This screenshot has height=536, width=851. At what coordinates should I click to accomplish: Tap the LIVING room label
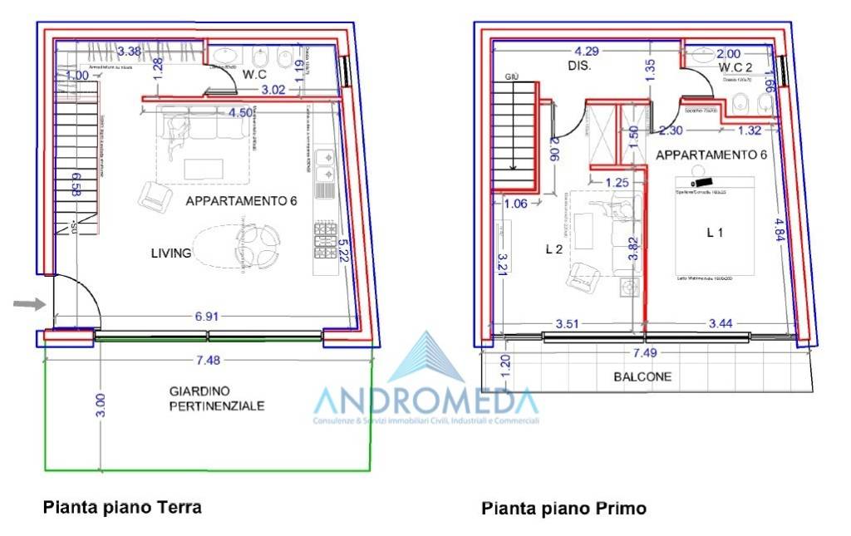coord(171,253)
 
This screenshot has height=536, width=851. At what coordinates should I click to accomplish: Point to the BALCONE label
coord(642,377)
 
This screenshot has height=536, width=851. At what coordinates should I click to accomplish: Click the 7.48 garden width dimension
coord(208,360)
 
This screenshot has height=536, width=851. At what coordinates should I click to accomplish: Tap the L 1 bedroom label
coord(714,234)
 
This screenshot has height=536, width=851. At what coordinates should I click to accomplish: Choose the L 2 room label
coord(553,248)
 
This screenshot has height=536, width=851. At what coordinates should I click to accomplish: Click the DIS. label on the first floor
coord(579,66)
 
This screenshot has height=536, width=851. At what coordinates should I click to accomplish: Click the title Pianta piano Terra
coord(122,506)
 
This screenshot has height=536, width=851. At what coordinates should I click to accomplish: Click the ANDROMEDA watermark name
coord(425,401)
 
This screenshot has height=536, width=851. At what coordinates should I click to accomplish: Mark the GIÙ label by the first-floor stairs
coord(512,76)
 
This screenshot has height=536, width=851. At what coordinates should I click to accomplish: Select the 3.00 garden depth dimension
coord(101,405)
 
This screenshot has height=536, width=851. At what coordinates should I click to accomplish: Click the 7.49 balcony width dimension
coord(643,352)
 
